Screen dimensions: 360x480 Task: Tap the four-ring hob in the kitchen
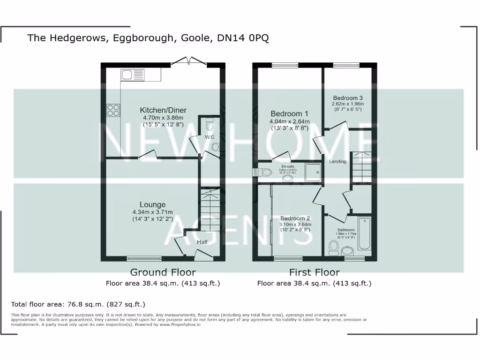tap(113, 110)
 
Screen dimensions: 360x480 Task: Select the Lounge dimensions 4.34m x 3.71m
tap(152, 212)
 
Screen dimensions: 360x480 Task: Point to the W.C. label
tap(209, 137)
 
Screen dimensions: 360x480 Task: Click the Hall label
tap(202, 242)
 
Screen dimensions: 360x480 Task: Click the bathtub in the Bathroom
tap(364, 233)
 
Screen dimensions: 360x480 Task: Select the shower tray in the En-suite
tap(314, 172)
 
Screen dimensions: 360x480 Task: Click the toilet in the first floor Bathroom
tap(334, 247)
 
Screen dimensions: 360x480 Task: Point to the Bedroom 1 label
tap(290, 113)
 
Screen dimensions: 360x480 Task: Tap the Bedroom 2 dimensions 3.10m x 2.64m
tap(295, 225)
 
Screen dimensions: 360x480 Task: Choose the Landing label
tap(337, 162)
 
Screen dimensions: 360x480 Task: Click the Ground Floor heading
tap(163, 272)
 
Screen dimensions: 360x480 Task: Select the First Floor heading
tap(314, 272)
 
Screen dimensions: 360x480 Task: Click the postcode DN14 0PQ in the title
tap(243, 38)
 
